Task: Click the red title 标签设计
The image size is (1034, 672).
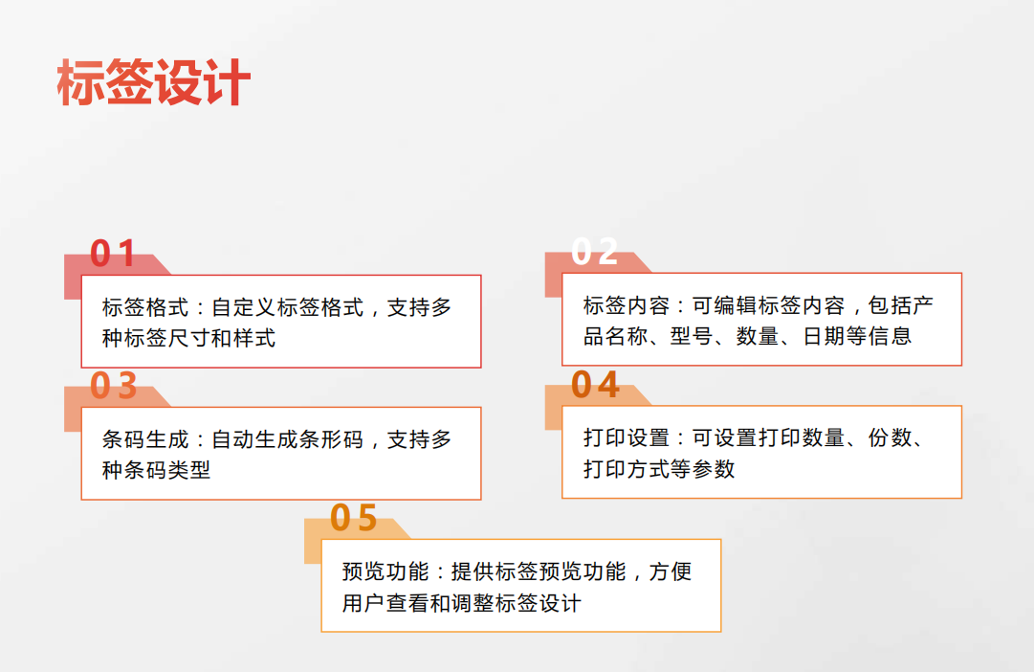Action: point(154,82)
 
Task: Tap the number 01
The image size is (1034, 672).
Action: point(113,253)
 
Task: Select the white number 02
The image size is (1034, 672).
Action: point(594,252)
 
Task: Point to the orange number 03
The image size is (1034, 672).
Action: point(114,386)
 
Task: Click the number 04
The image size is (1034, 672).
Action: point(595,384)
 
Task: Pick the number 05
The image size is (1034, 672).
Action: point(354,518)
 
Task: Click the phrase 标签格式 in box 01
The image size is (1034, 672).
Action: point(145,307)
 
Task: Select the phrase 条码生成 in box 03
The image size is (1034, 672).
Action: point(145,439)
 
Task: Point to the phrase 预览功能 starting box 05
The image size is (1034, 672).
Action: point(385,571)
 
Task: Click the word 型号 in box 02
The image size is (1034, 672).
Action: point(692,336)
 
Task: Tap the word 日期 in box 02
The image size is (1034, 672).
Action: point(824,336)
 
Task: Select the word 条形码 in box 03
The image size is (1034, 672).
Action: point(330,439)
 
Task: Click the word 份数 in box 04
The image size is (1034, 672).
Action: point(890,437)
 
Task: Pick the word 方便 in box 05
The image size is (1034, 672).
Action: point(670,571)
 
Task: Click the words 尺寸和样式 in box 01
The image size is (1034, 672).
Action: point(222,338)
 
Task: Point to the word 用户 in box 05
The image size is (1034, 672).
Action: point(363,603)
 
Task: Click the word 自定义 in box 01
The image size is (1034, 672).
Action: point(243,307)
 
